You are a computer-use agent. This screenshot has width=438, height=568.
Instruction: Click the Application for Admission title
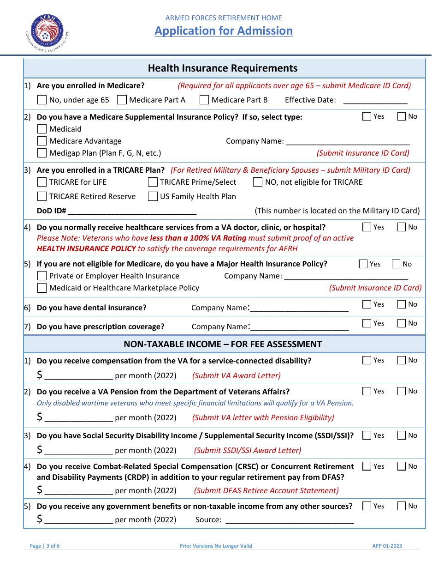pyautogui.click(x=224, y=31)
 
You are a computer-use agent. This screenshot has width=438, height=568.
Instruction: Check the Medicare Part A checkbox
pyautogui.click(x=122, y=100)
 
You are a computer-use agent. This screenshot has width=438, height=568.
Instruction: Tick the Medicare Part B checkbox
pyautogui.click(x=204, y=100)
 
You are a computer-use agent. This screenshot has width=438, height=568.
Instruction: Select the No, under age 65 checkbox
pyautogui.click(x=42, y=100)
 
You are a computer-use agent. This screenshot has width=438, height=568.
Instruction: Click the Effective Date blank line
pyautogui.click(x=375, y=101)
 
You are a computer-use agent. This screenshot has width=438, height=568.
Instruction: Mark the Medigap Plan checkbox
pyautogui.click(x=42, y=153)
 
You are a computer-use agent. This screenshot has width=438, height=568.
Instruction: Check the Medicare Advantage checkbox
pyautogui.click(x=42, y=141)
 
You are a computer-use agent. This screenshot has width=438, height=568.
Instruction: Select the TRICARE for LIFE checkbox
pyautogui.click(x=42, y=182)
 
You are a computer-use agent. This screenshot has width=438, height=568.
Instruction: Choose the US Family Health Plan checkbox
pyautogui.click(x=153, y=196)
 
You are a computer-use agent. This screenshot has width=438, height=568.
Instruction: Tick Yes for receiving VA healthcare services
pyautogui.click(x=367, y=227)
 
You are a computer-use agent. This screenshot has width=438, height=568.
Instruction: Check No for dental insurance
pyautogui.click(x=402, y=304)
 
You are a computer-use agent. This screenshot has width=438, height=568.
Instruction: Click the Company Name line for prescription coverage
pyautogui.click(x=300, y=327)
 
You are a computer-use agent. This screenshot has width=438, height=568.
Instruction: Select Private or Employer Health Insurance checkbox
pyautogui.click(x=42, y=276)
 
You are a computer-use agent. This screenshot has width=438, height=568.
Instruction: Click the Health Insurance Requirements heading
pyautogui.click(x=223, y=68)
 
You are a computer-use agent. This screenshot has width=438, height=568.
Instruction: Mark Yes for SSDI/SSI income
pyautogui.click(x=367, y=435)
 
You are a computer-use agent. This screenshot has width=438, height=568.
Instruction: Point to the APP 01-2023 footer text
pyautogui.click(x=387, y=546)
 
